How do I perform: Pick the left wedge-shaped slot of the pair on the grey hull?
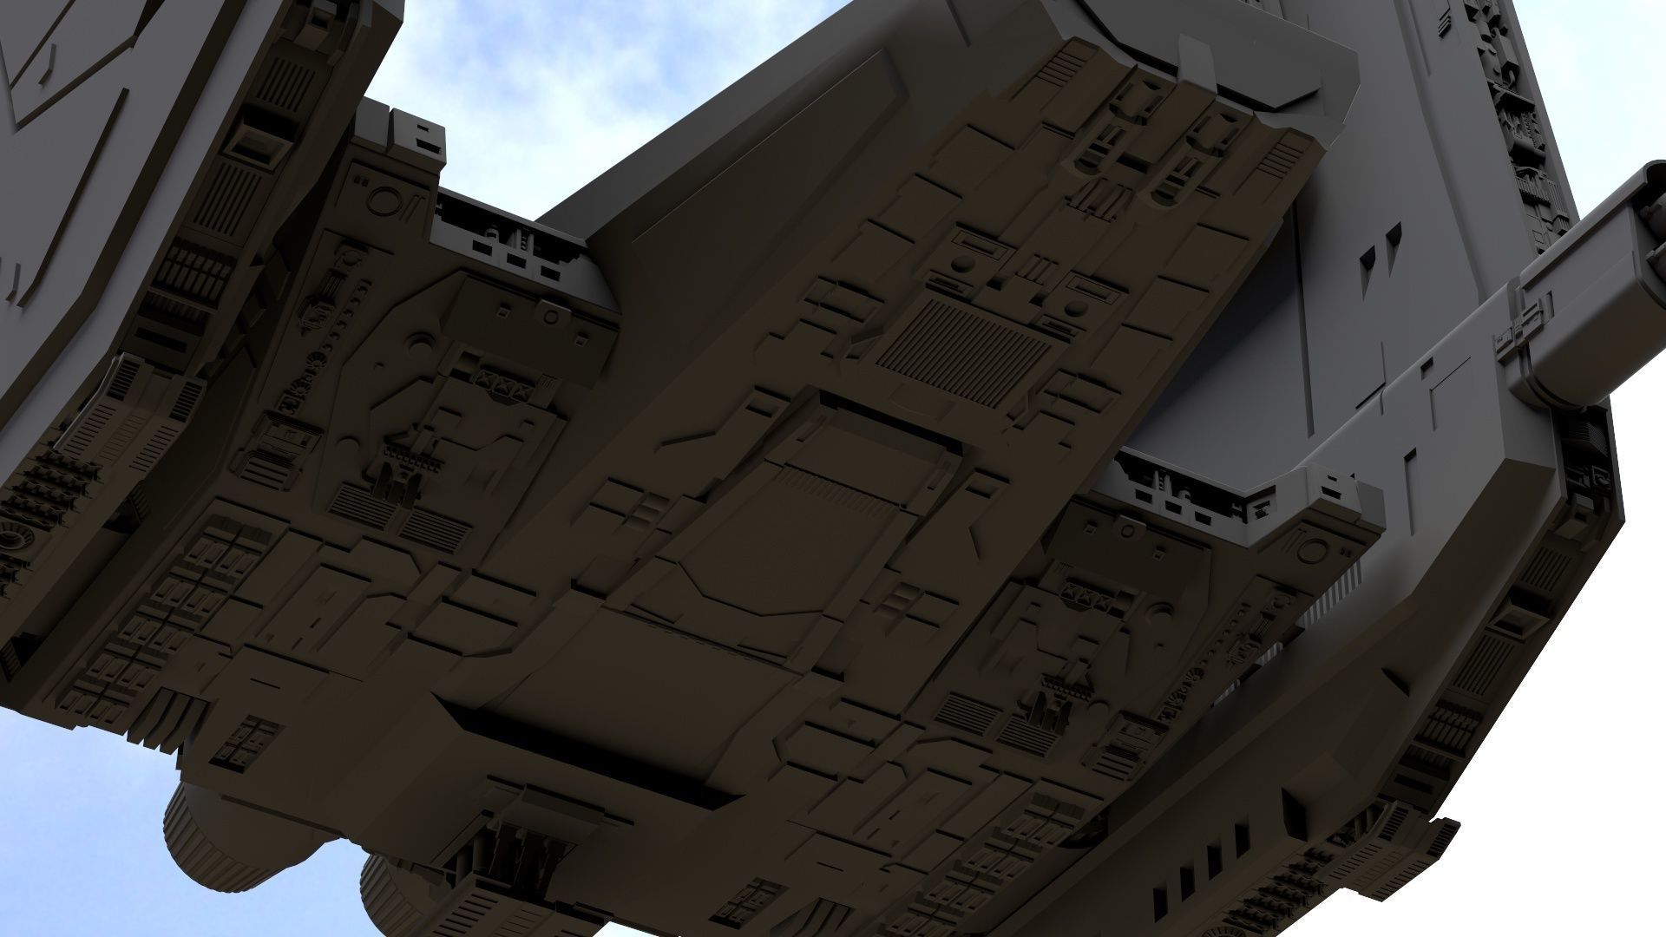(1367, 255)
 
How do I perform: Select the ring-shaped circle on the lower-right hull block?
(1314, 552)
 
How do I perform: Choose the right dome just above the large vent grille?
(1074, 306)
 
